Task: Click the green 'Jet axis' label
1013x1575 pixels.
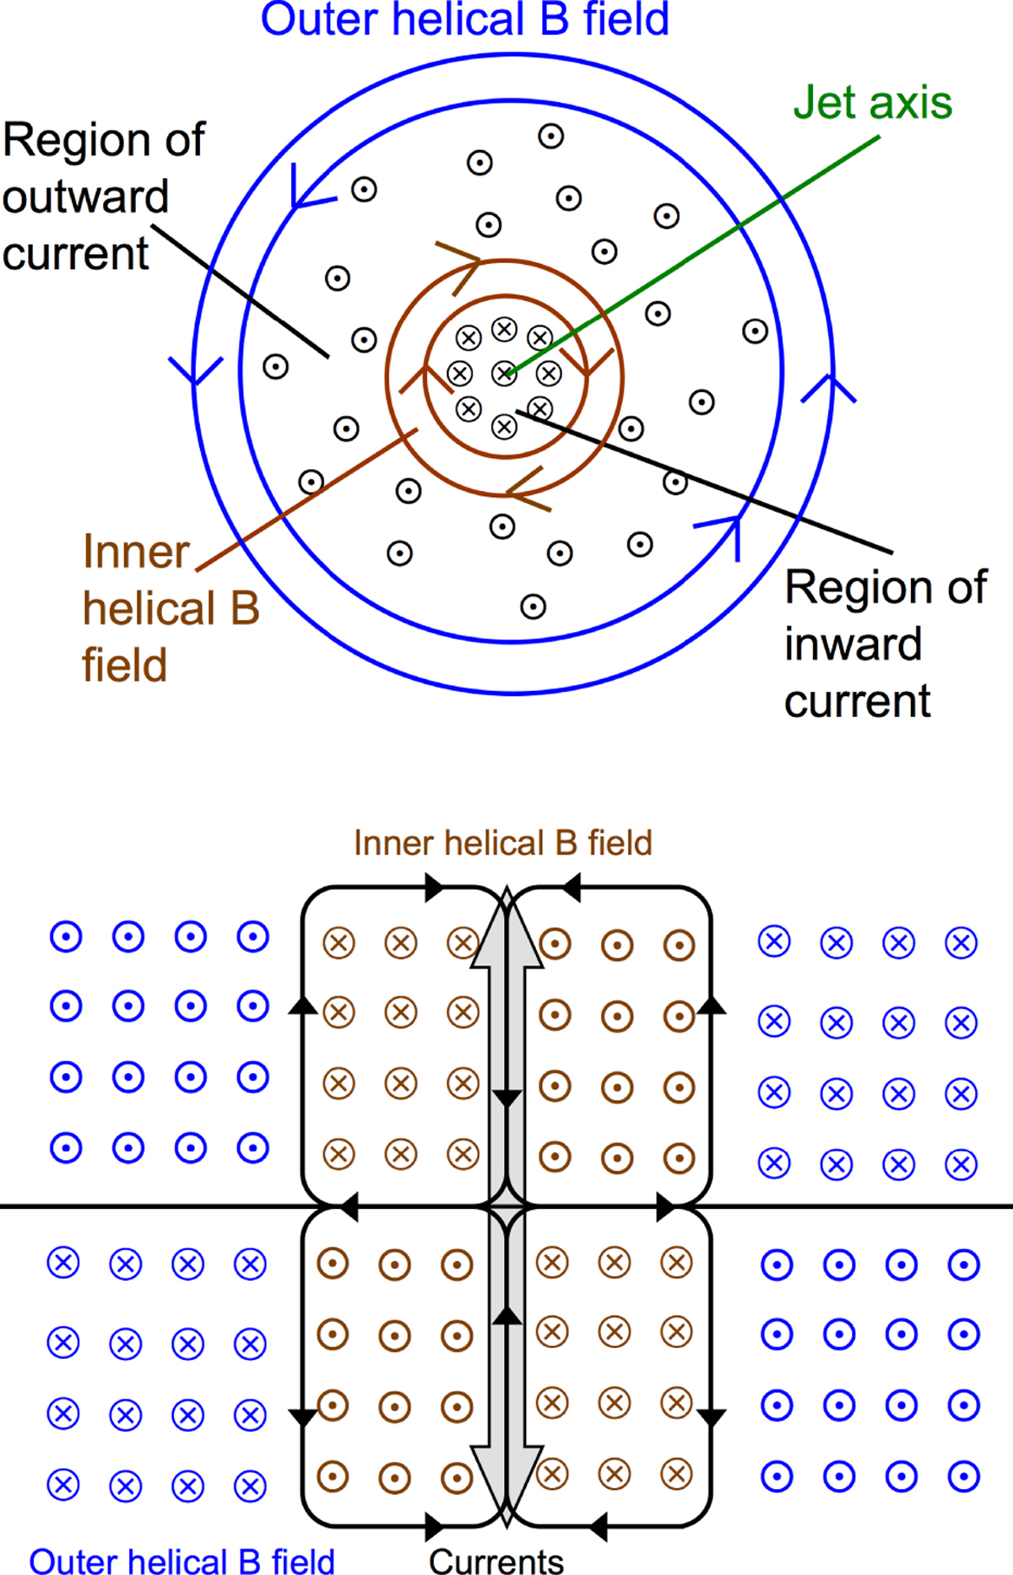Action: coord(872,103)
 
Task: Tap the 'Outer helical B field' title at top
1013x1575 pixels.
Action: coord(464,20)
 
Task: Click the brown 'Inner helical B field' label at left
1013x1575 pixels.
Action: coord(169,608)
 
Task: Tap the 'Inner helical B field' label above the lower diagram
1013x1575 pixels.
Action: coord(503,843)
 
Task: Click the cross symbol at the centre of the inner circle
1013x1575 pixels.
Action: coord(504,372)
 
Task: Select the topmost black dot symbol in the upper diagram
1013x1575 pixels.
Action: coord(550,136)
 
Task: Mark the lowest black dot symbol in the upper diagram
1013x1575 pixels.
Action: coord(533,607)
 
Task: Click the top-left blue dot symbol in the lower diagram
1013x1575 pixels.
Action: coord(66,936)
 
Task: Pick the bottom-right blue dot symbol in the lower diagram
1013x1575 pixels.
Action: coord(963,1476)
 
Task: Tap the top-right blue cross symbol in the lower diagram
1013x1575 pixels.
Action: coord(961,942)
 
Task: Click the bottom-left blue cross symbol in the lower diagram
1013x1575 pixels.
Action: coord(63,1485)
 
